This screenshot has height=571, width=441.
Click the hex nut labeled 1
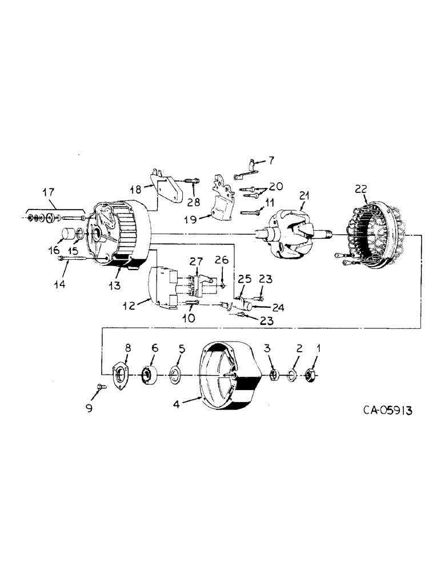pos(312,375)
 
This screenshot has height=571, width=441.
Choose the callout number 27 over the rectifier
pos(197,262)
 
